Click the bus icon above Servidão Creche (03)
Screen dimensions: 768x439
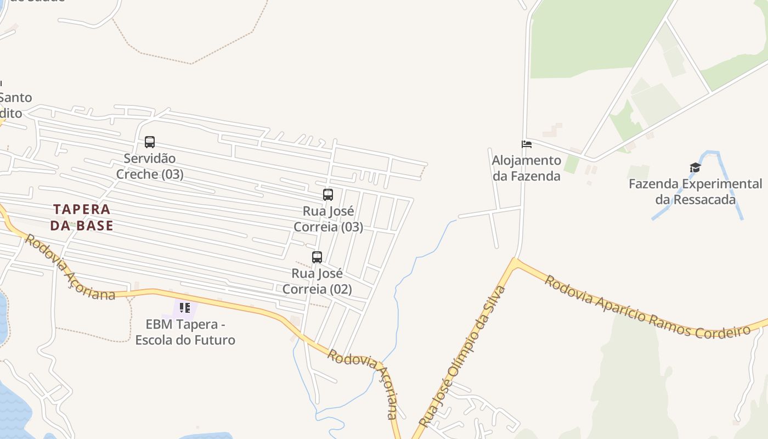150,142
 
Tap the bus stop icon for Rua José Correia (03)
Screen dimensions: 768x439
328,195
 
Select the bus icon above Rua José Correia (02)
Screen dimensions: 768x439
317,257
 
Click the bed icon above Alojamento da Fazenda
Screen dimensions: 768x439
527,144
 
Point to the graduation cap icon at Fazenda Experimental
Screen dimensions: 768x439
695,168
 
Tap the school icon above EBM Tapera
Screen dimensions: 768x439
185,308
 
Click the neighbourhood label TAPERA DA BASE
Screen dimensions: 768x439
82,217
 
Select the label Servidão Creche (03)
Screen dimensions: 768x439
150,166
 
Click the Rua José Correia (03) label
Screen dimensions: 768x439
328,219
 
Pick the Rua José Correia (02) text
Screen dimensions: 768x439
317,281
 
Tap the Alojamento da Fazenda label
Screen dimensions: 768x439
527,168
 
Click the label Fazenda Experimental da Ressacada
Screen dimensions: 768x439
695,192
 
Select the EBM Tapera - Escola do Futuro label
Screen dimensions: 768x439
185,332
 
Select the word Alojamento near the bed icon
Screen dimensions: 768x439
527,160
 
